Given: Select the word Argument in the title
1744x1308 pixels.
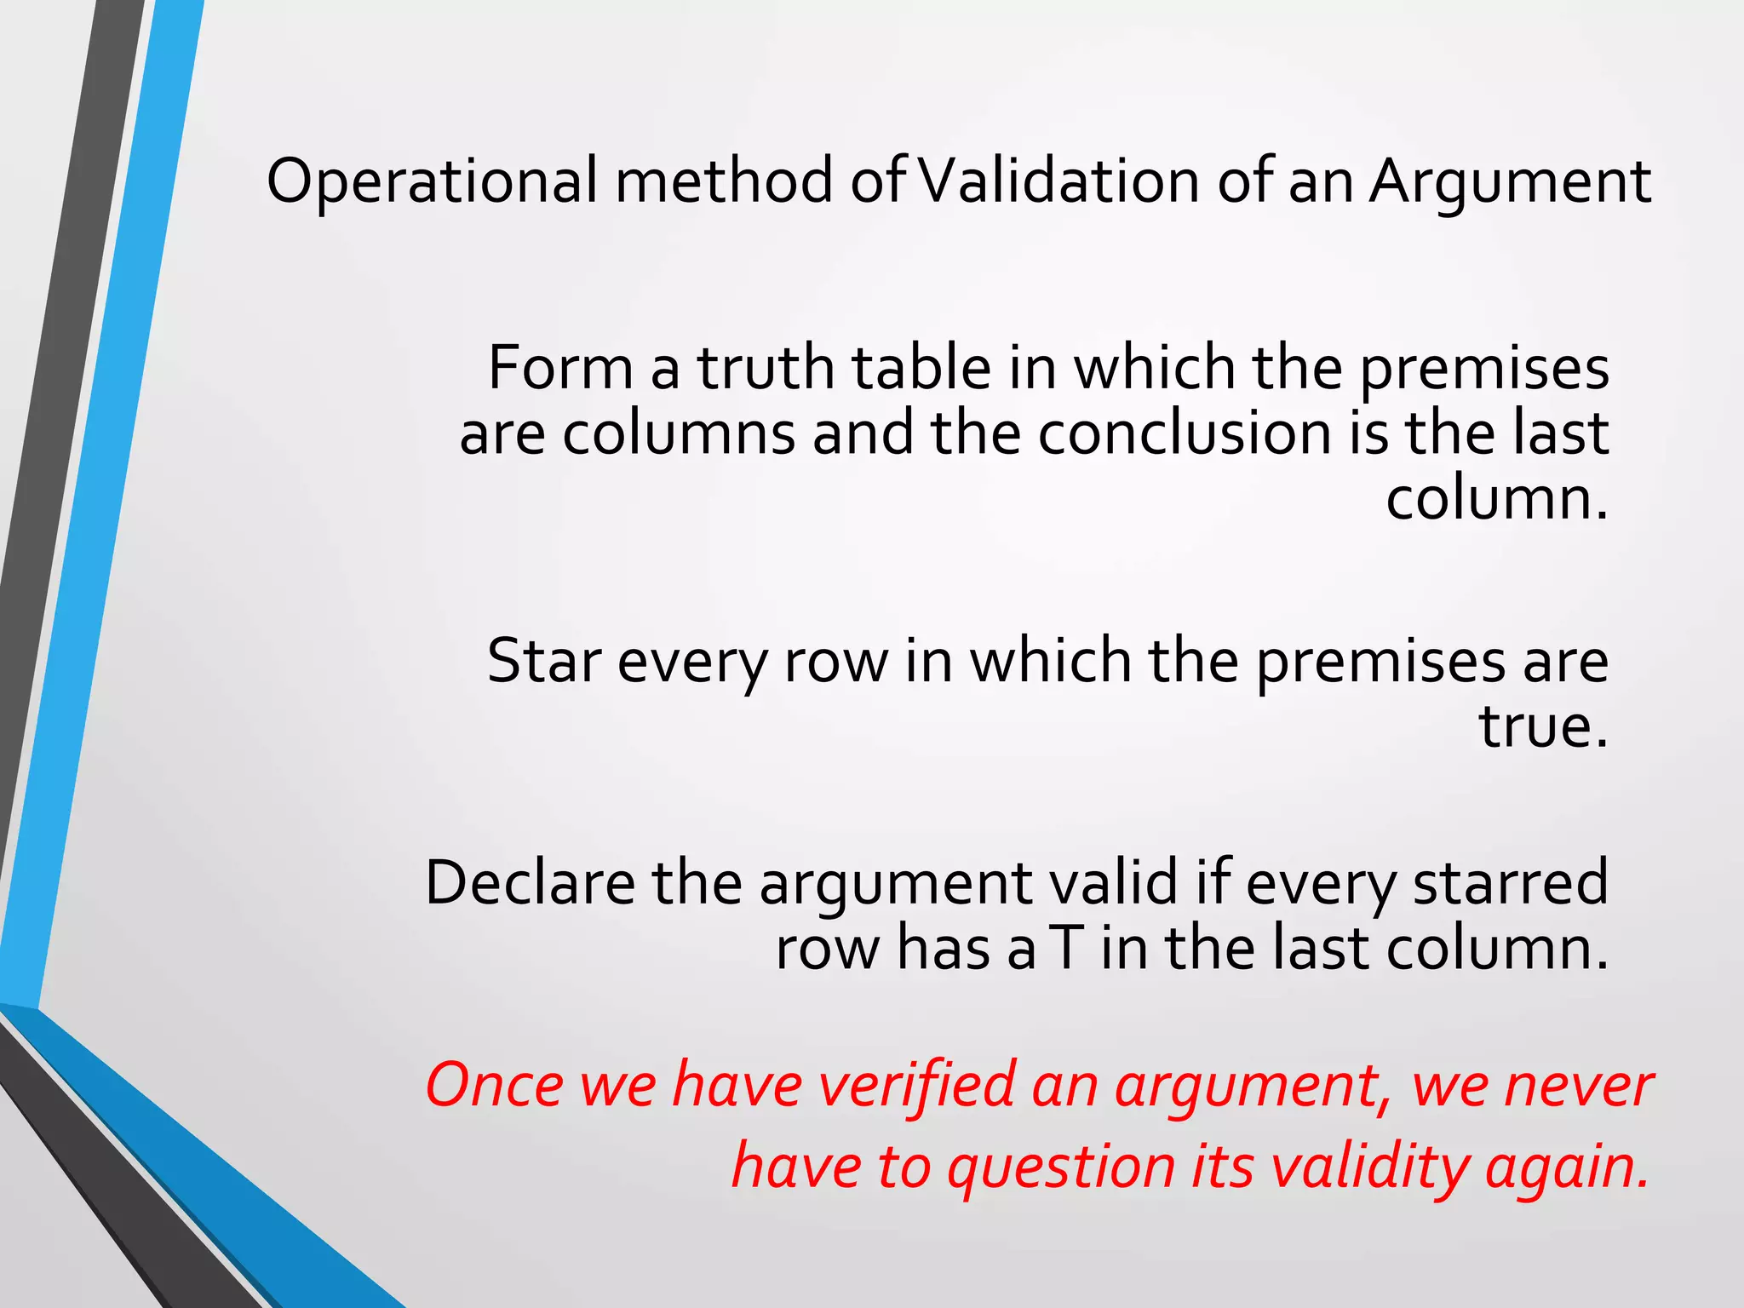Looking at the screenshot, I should click(1510, 183).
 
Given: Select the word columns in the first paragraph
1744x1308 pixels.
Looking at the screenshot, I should click(678, 433).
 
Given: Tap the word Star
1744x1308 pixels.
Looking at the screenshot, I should click(543, 662).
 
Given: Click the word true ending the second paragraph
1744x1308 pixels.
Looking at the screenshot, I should click(1542, 727).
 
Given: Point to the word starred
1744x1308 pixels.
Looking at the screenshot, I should click(1511, 883).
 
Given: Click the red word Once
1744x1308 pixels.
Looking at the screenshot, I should click(495, 1086).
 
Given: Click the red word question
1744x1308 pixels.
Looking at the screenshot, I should click(1061, 1167).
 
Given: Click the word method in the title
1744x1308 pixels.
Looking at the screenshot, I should click(724, 181).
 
